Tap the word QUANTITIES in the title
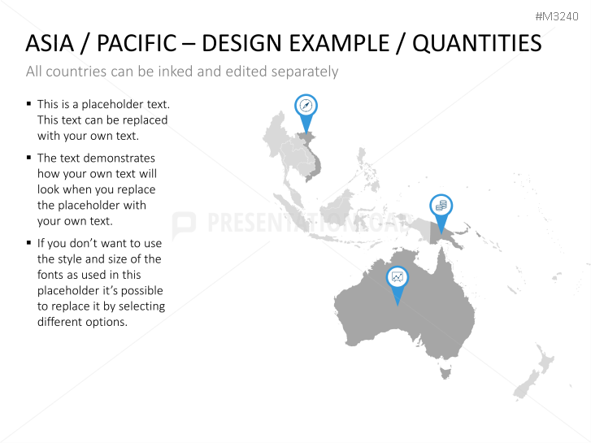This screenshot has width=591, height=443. (x=476, y=43)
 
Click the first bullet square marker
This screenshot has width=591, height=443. (x=29, y=104)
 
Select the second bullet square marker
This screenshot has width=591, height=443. (x=29, y=158)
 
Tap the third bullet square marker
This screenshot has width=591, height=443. (x=29, y=242)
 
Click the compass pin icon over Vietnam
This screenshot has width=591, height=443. (x=306, y=106)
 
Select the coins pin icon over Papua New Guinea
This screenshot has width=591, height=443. (x=441, y=206)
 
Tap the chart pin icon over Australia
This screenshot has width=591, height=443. (x=397, y=277)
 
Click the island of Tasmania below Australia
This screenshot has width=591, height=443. (x=445, y=373)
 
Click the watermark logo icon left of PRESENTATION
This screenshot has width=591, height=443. (x=184, y=224)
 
